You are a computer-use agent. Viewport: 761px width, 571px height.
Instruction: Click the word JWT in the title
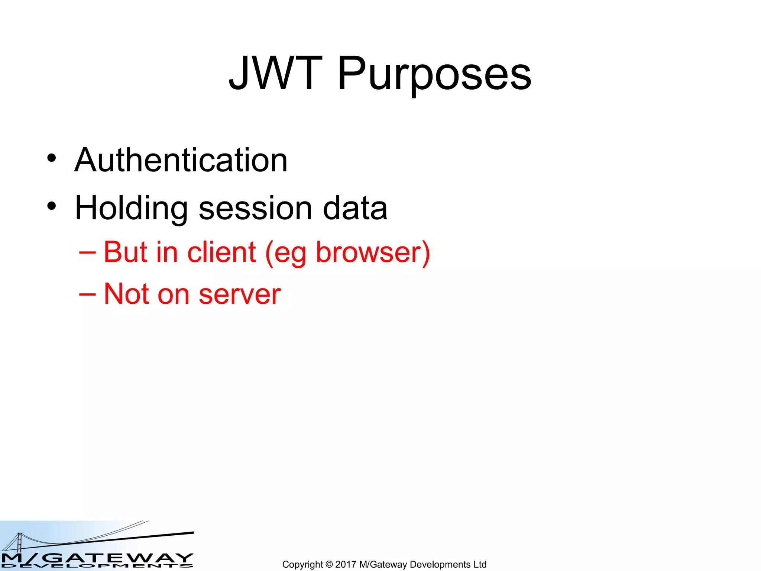[275, 73]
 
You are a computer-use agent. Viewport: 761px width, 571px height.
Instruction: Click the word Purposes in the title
[434, 74]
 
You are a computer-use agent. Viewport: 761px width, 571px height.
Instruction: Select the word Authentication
[181, 160]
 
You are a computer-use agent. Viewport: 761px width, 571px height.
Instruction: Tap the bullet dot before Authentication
[52, 158]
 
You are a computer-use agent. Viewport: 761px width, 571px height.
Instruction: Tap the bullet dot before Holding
[52, 206]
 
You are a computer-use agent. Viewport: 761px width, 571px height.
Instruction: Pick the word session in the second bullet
[255, 208]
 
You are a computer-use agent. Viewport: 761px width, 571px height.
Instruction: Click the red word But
[126, 252]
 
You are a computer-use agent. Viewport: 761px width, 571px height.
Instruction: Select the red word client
[221, 252]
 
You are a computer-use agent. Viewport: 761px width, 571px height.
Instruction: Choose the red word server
[240, 295]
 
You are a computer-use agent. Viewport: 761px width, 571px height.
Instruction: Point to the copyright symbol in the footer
[329, 564]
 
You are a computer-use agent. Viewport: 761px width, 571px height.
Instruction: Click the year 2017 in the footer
[346, 564]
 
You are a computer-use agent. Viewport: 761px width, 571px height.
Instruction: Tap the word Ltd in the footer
[480, 564]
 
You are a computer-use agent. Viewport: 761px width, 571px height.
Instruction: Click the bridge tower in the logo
[19, 542]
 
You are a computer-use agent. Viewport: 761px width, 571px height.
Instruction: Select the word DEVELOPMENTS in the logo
[97, 566]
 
